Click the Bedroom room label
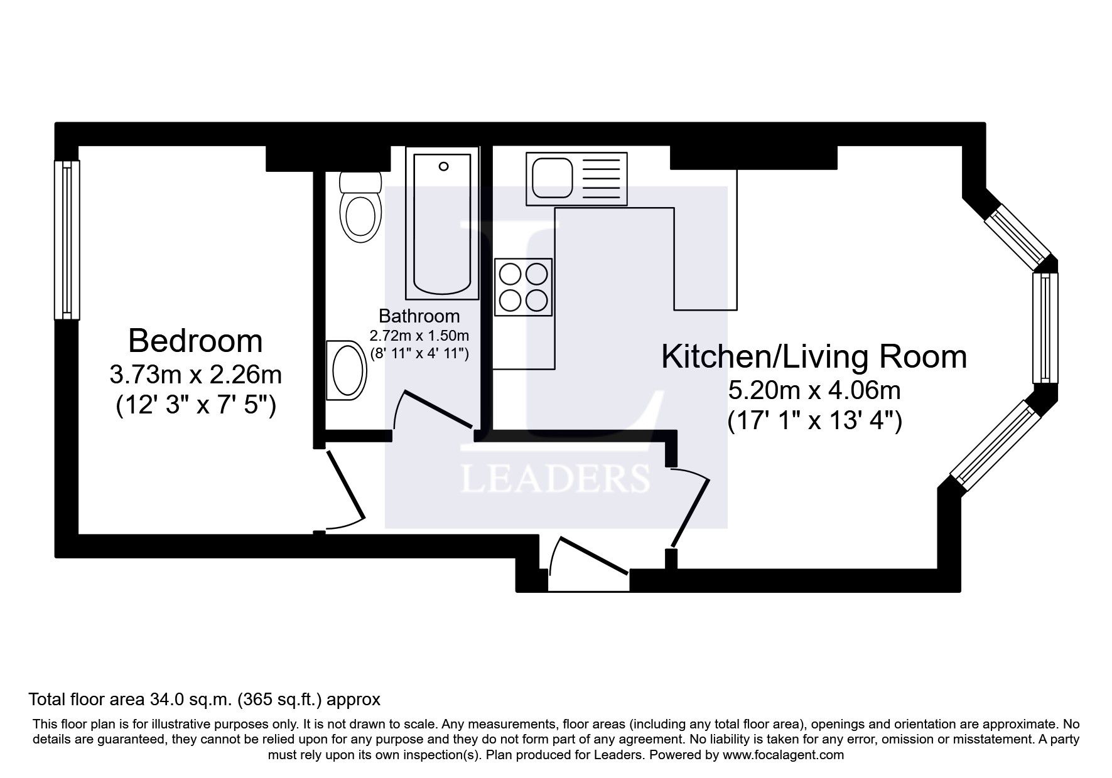195,341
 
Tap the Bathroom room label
419,316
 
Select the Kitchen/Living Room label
814,356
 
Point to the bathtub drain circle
444,166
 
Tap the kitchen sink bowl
552,178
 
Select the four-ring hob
523,287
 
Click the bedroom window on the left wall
67,240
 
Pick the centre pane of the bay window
1045,328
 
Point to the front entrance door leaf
593,555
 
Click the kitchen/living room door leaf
691,513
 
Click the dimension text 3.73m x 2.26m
195,375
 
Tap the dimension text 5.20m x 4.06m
814,391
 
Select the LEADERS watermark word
555,479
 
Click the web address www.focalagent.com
783,755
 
